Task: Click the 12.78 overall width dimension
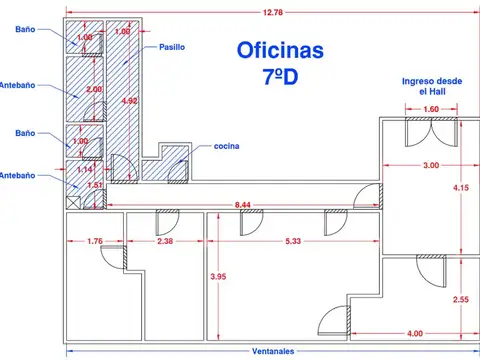[x=273, y=12]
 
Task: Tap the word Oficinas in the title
[x=280, y=50]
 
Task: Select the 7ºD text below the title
[x=280, y=77]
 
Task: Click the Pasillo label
[x=172, y=47]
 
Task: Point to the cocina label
[x=226, y=146]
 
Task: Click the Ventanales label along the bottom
[x=273, y=351]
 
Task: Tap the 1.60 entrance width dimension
[x=431, y=109]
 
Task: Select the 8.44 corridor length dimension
[x=243, y=205]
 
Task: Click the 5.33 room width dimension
[x=293, y=241]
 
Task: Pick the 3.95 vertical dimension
[x=218, y=276]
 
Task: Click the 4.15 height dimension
[x=461, y=188]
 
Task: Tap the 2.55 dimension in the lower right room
[x=461, y=299]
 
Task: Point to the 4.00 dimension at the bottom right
[x=415, y=333]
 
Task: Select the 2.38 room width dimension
[x=165, y=241]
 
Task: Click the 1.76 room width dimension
[x=95, y=241]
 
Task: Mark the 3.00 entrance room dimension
[x=431, y=165]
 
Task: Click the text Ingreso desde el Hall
[x=432, y=86]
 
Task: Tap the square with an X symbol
[x=73, y=203]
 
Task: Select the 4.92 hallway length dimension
[x=129, y=101]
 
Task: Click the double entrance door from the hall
[x=432, y=133]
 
